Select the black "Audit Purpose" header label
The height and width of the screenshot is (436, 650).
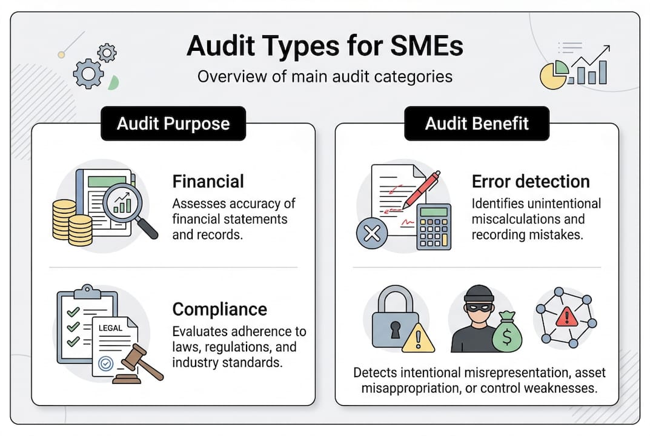click(x=173, y=124)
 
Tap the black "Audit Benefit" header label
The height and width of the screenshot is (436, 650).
click(x=477, y=124)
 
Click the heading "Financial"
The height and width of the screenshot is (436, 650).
click(x=208, y=181)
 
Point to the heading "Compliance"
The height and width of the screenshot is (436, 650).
click(x=219, y=309)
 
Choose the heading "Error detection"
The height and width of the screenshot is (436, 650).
click(x=531, y=181)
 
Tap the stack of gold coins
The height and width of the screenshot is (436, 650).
click(x=71, y=222)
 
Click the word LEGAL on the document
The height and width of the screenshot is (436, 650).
click(x=110, y=328)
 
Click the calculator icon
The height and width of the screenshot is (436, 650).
click(x=433, y=226)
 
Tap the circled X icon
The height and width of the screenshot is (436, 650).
click(x=372, y=234)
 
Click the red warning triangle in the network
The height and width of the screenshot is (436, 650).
click(x=566, y=315)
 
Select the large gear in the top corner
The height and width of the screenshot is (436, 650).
click(x=88, y=73)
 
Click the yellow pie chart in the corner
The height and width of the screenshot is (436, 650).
click(x=554, y=76)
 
